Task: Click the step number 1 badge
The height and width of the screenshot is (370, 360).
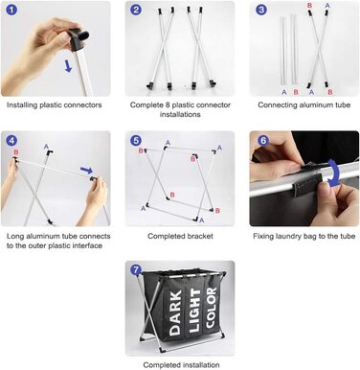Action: click(x=11, y=10)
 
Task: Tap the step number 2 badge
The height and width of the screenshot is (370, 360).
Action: click(x=136, y=10)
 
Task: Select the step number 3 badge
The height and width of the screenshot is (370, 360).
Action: click(x=261, y=10)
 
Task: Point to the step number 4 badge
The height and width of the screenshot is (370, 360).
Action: click(x=11, y=140)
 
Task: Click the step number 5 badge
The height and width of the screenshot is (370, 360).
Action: click(x=136, y=140)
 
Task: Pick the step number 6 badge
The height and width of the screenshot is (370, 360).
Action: click(x=263, y=140)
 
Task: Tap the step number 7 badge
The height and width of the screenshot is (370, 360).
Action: click(x=136, y=270)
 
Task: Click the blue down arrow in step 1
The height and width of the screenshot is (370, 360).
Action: click(x=68, y=66)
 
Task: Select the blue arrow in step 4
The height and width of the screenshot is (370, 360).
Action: click(x=86, y=170)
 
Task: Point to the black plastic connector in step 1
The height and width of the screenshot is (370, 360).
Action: click(x=79, y=35)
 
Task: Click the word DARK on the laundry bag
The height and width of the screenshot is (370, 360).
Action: click(x=175, y=312)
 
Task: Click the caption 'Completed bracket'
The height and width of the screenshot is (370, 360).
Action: click(x=180, y=236)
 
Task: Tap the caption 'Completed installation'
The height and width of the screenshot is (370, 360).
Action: click(x=181, y=365)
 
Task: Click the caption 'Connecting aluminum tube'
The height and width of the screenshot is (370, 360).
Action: click(x=304, y=105)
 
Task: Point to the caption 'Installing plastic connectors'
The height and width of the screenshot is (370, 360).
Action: click(x=55, y=105)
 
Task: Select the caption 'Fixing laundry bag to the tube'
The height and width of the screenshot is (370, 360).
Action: click(x=304, y=236)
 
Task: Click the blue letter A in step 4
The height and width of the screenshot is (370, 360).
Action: click(x=46, y=147)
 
